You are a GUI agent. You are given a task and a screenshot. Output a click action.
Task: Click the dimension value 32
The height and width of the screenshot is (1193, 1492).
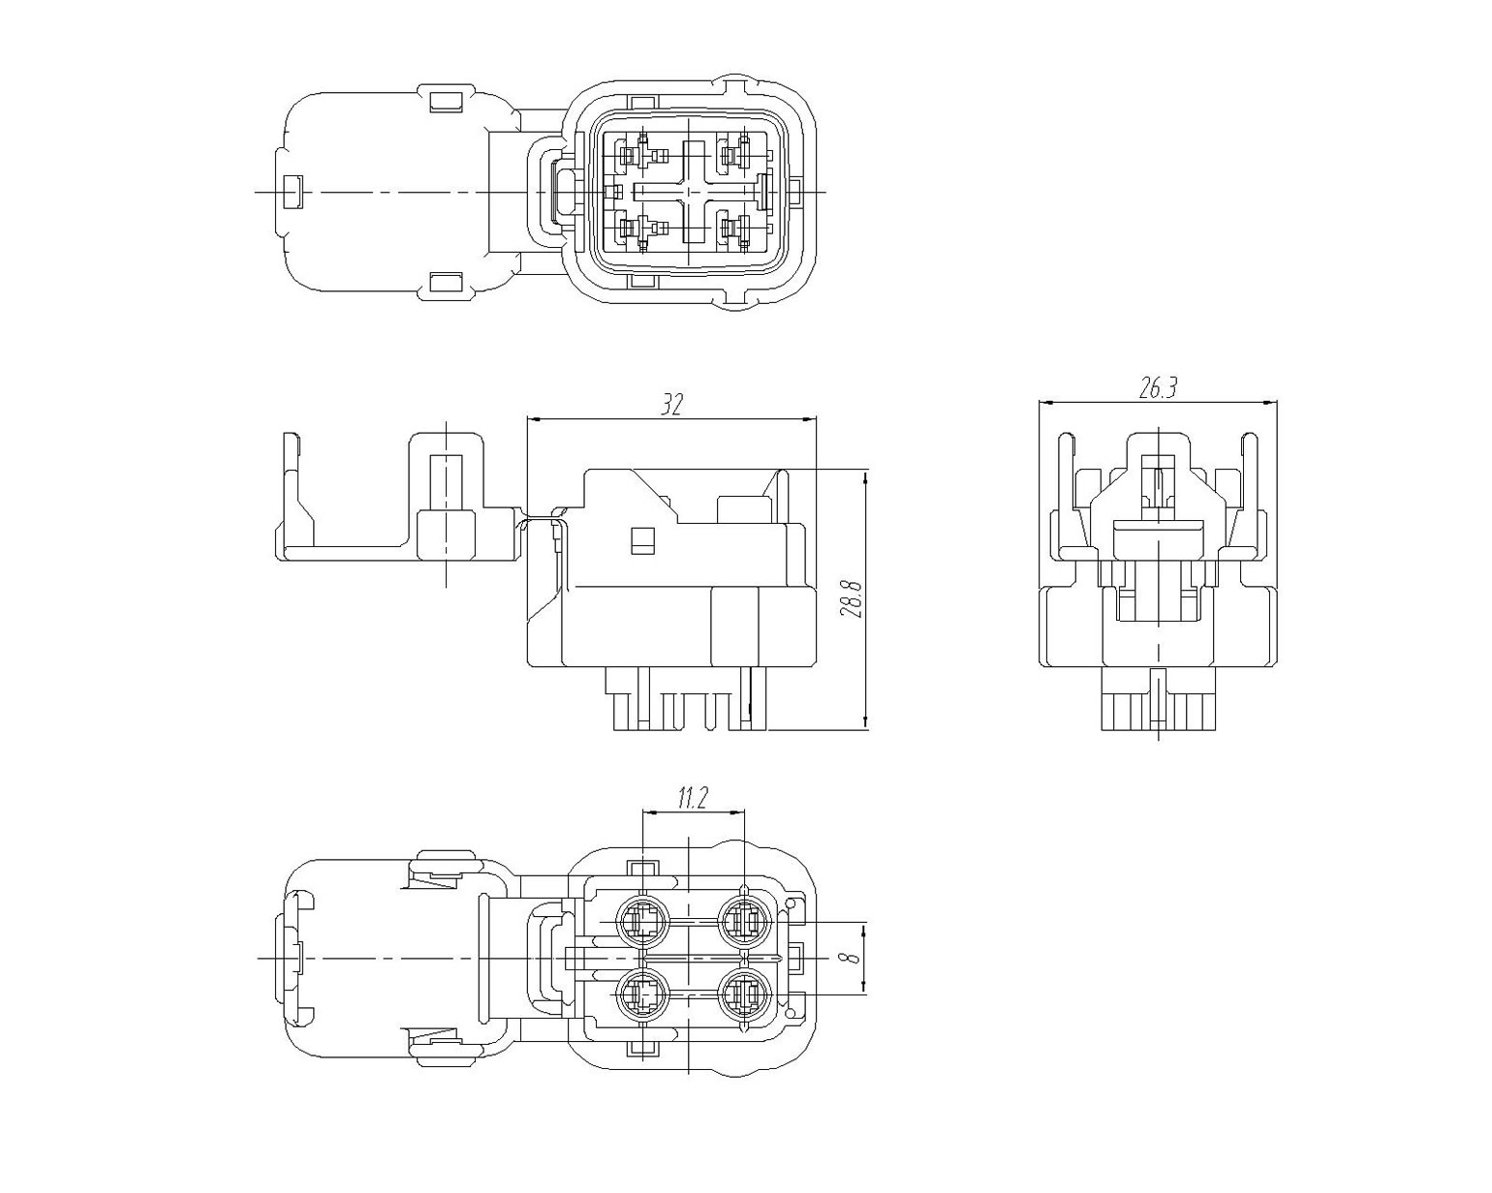[x=671, y=404]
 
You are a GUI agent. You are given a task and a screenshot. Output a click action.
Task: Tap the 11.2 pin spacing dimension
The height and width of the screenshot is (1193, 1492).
[x=692, y=799]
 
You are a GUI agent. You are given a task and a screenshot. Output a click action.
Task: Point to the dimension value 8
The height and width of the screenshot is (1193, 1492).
[x=854, y=958]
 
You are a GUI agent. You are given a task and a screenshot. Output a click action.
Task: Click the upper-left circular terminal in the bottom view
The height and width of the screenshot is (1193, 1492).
[x=642, y=923]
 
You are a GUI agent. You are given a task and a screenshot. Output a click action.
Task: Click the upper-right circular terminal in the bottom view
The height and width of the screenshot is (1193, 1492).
[x=744, y=923]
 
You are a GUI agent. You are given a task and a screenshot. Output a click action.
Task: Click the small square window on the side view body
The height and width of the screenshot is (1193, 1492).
[x=642, y=540]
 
